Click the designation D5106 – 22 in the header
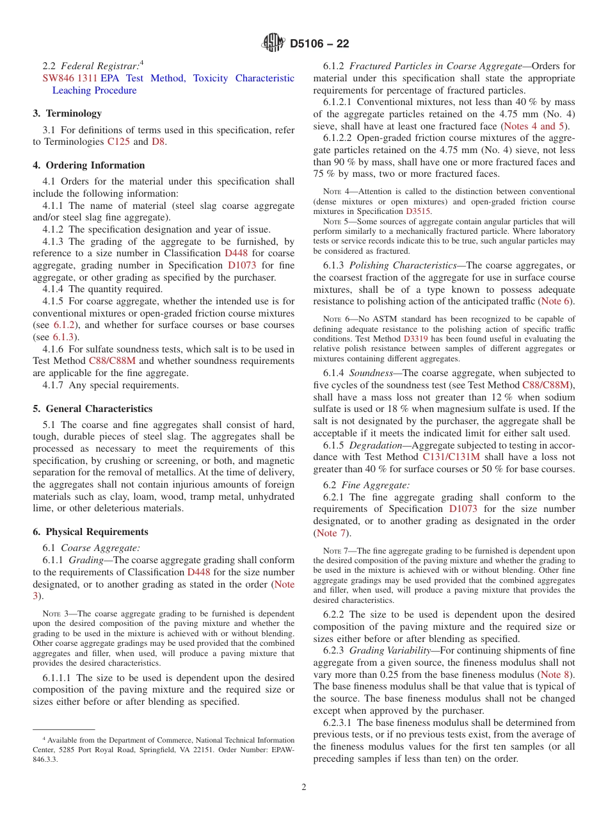coord(319,44)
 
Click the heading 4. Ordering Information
coord(89,165)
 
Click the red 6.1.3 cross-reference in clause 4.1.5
coord(63,337)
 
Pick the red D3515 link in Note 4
coord(418,211)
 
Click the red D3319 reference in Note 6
coord(415,339)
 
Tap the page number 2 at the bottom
coord(304,787)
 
